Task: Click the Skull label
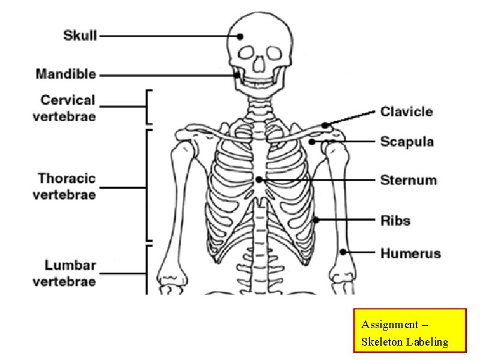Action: (80, 35)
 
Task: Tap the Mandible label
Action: (66, 74)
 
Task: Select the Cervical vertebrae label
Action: (64, 108)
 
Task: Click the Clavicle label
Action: (406, 112)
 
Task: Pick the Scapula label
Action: (407, 142)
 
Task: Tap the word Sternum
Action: (409, 180)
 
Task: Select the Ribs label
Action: (395, 221)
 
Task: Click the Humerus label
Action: (410, 253)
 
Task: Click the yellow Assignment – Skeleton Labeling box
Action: (410, 330)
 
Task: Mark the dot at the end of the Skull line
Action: (240, 36)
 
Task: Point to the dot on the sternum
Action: (259, 179)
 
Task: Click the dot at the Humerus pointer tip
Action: (344, 251)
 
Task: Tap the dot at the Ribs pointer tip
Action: (316, 220)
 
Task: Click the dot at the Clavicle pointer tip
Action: (325, 125)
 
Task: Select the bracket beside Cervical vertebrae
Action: (148, 107)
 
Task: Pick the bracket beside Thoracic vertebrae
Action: (148, 187)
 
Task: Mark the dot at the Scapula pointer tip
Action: (313, 142)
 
